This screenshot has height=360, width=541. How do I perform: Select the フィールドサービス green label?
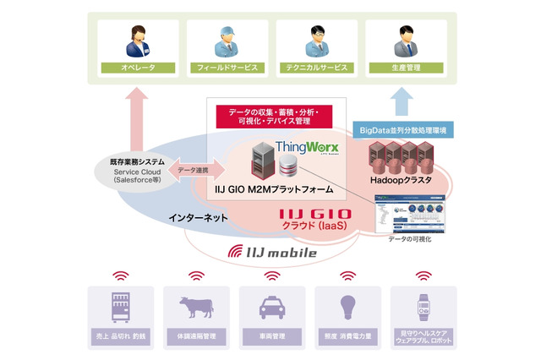tap(221, 66)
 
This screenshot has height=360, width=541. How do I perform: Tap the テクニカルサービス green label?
tap(313, 66)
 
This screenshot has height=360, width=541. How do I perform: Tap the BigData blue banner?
tap(402, 129)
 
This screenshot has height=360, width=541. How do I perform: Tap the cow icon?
tap(196, 307)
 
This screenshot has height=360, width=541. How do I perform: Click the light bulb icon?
tap(347, 307)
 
